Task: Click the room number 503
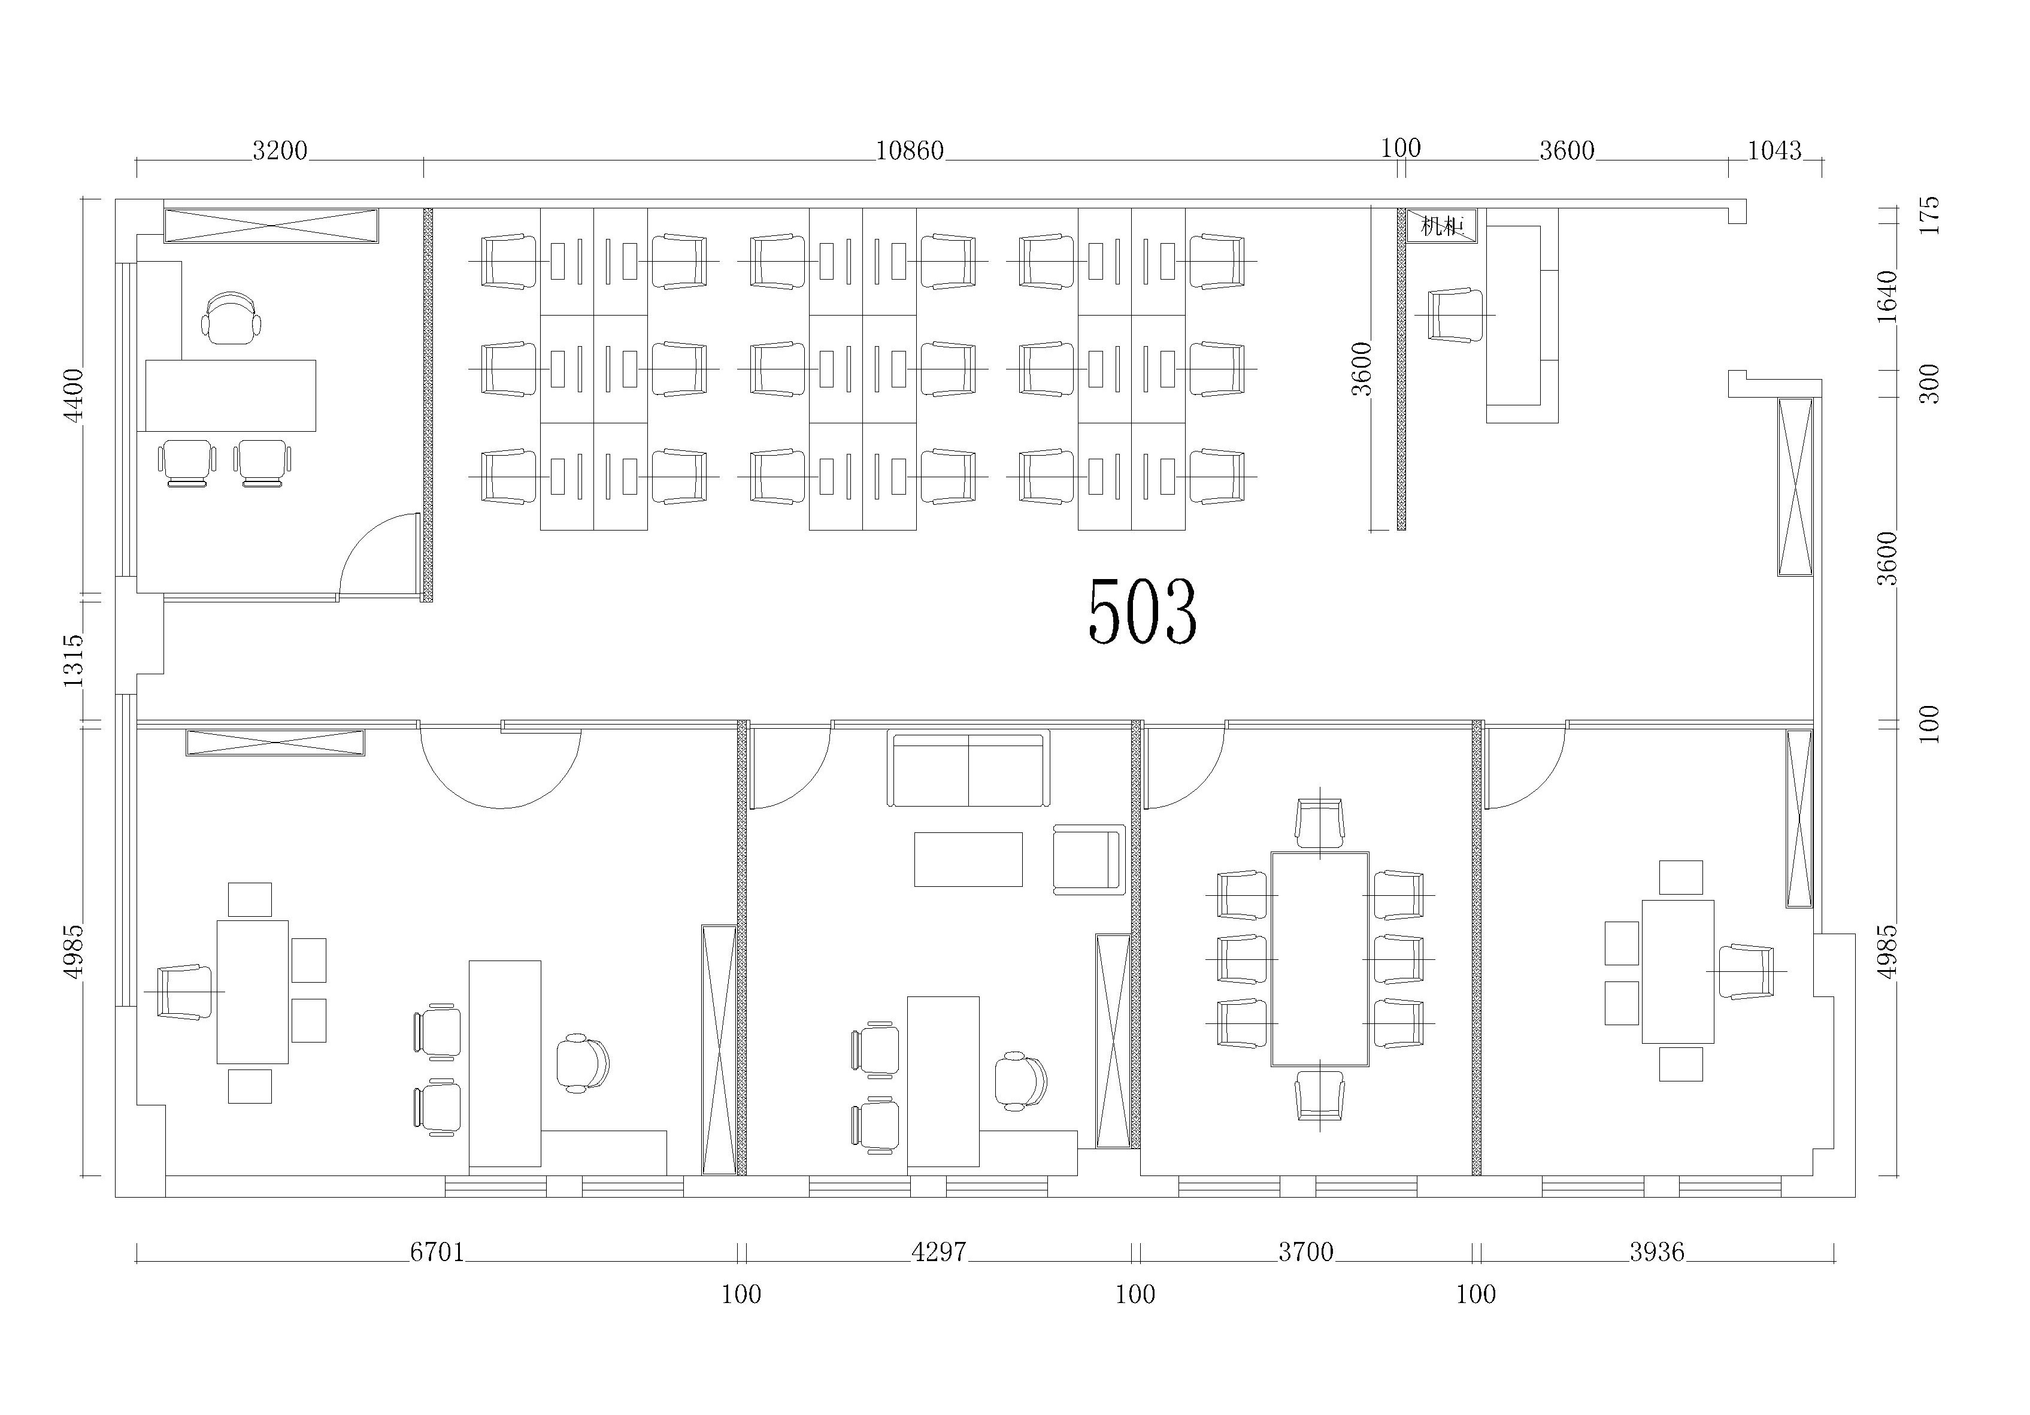(1143, 611)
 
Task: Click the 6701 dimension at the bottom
(437, 1252)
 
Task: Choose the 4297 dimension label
(939, 1252)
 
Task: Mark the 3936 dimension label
(1657, 1252)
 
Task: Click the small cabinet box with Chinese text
(1441, 226)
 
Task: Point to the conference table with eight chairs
(1320, 959)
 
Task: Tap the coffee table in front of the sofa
(968, 859)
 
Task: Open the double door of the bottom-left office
(501, 766)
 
